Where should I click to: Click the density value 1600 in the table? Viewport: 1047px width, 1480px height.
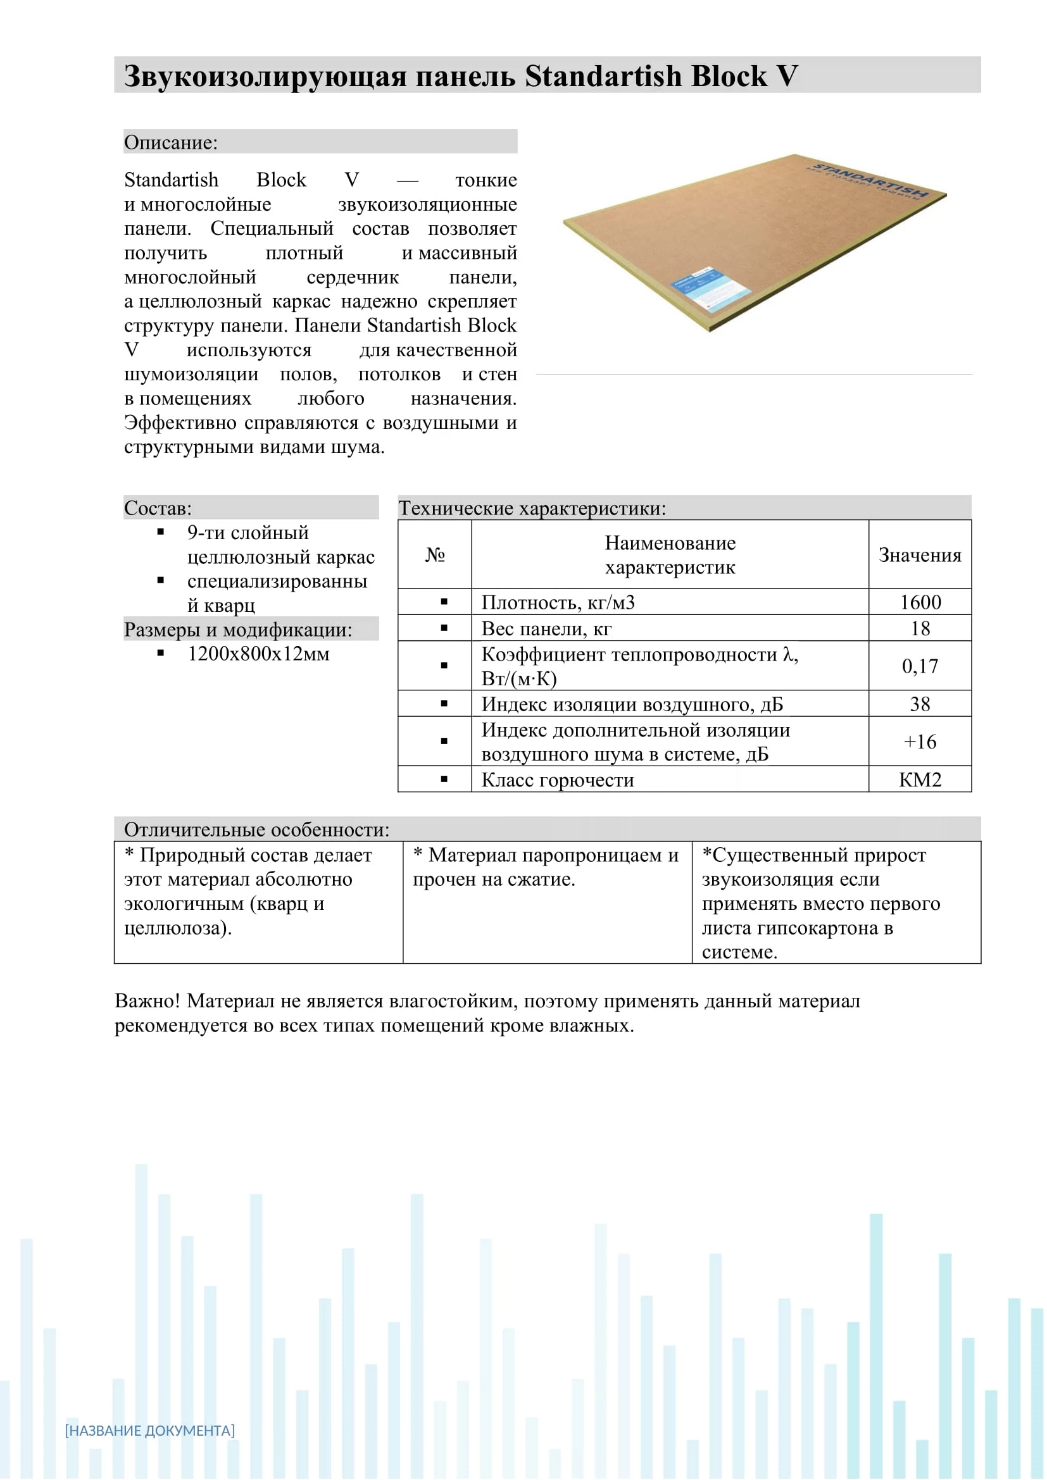[x=920, y=602]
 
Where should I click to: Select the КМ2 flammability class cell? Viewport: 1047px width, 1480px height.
[x=920, y=780]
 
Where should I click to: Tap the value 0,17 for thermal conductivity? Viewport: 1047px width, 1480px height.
[x=920, y=666]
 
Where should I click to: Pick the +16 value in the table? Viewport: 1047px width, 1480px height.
[x=920, y=742]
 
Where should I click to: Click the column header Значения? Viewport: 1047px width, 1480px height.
[x=920, y=555]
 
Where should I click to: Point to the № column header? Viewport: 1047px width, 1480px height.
[x=435, y=554]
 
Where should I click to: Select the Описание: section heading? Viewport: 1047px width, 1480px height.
[x=171, y=142]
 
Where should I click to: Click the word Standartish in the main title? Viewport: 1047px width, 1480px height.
[x=603, y=76]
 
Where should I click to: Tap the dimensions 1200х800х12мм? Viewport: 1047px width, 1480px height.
[x=258, y=654]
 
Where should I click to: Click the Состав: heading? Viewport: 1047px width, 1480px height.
[x=158, y=508]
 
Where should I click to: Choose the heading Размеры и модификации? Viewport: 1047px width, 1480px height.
[x=238, y=629]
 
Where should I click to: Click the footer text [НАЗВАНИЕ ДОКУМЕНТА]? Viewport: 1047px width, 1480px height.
[x=149, y=1431]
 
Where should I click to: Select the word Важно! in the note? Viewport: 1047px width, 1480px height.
[x=147, y=1001]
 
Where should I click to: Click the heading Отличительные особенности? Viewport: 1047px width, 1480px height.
[x=256, y=830]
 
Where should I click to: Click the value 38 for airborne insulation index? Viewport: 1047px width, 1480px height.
[x=920, y=704]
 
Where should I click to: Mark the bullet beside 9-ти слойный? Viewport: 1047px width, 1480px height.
[x=161, y=532]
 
